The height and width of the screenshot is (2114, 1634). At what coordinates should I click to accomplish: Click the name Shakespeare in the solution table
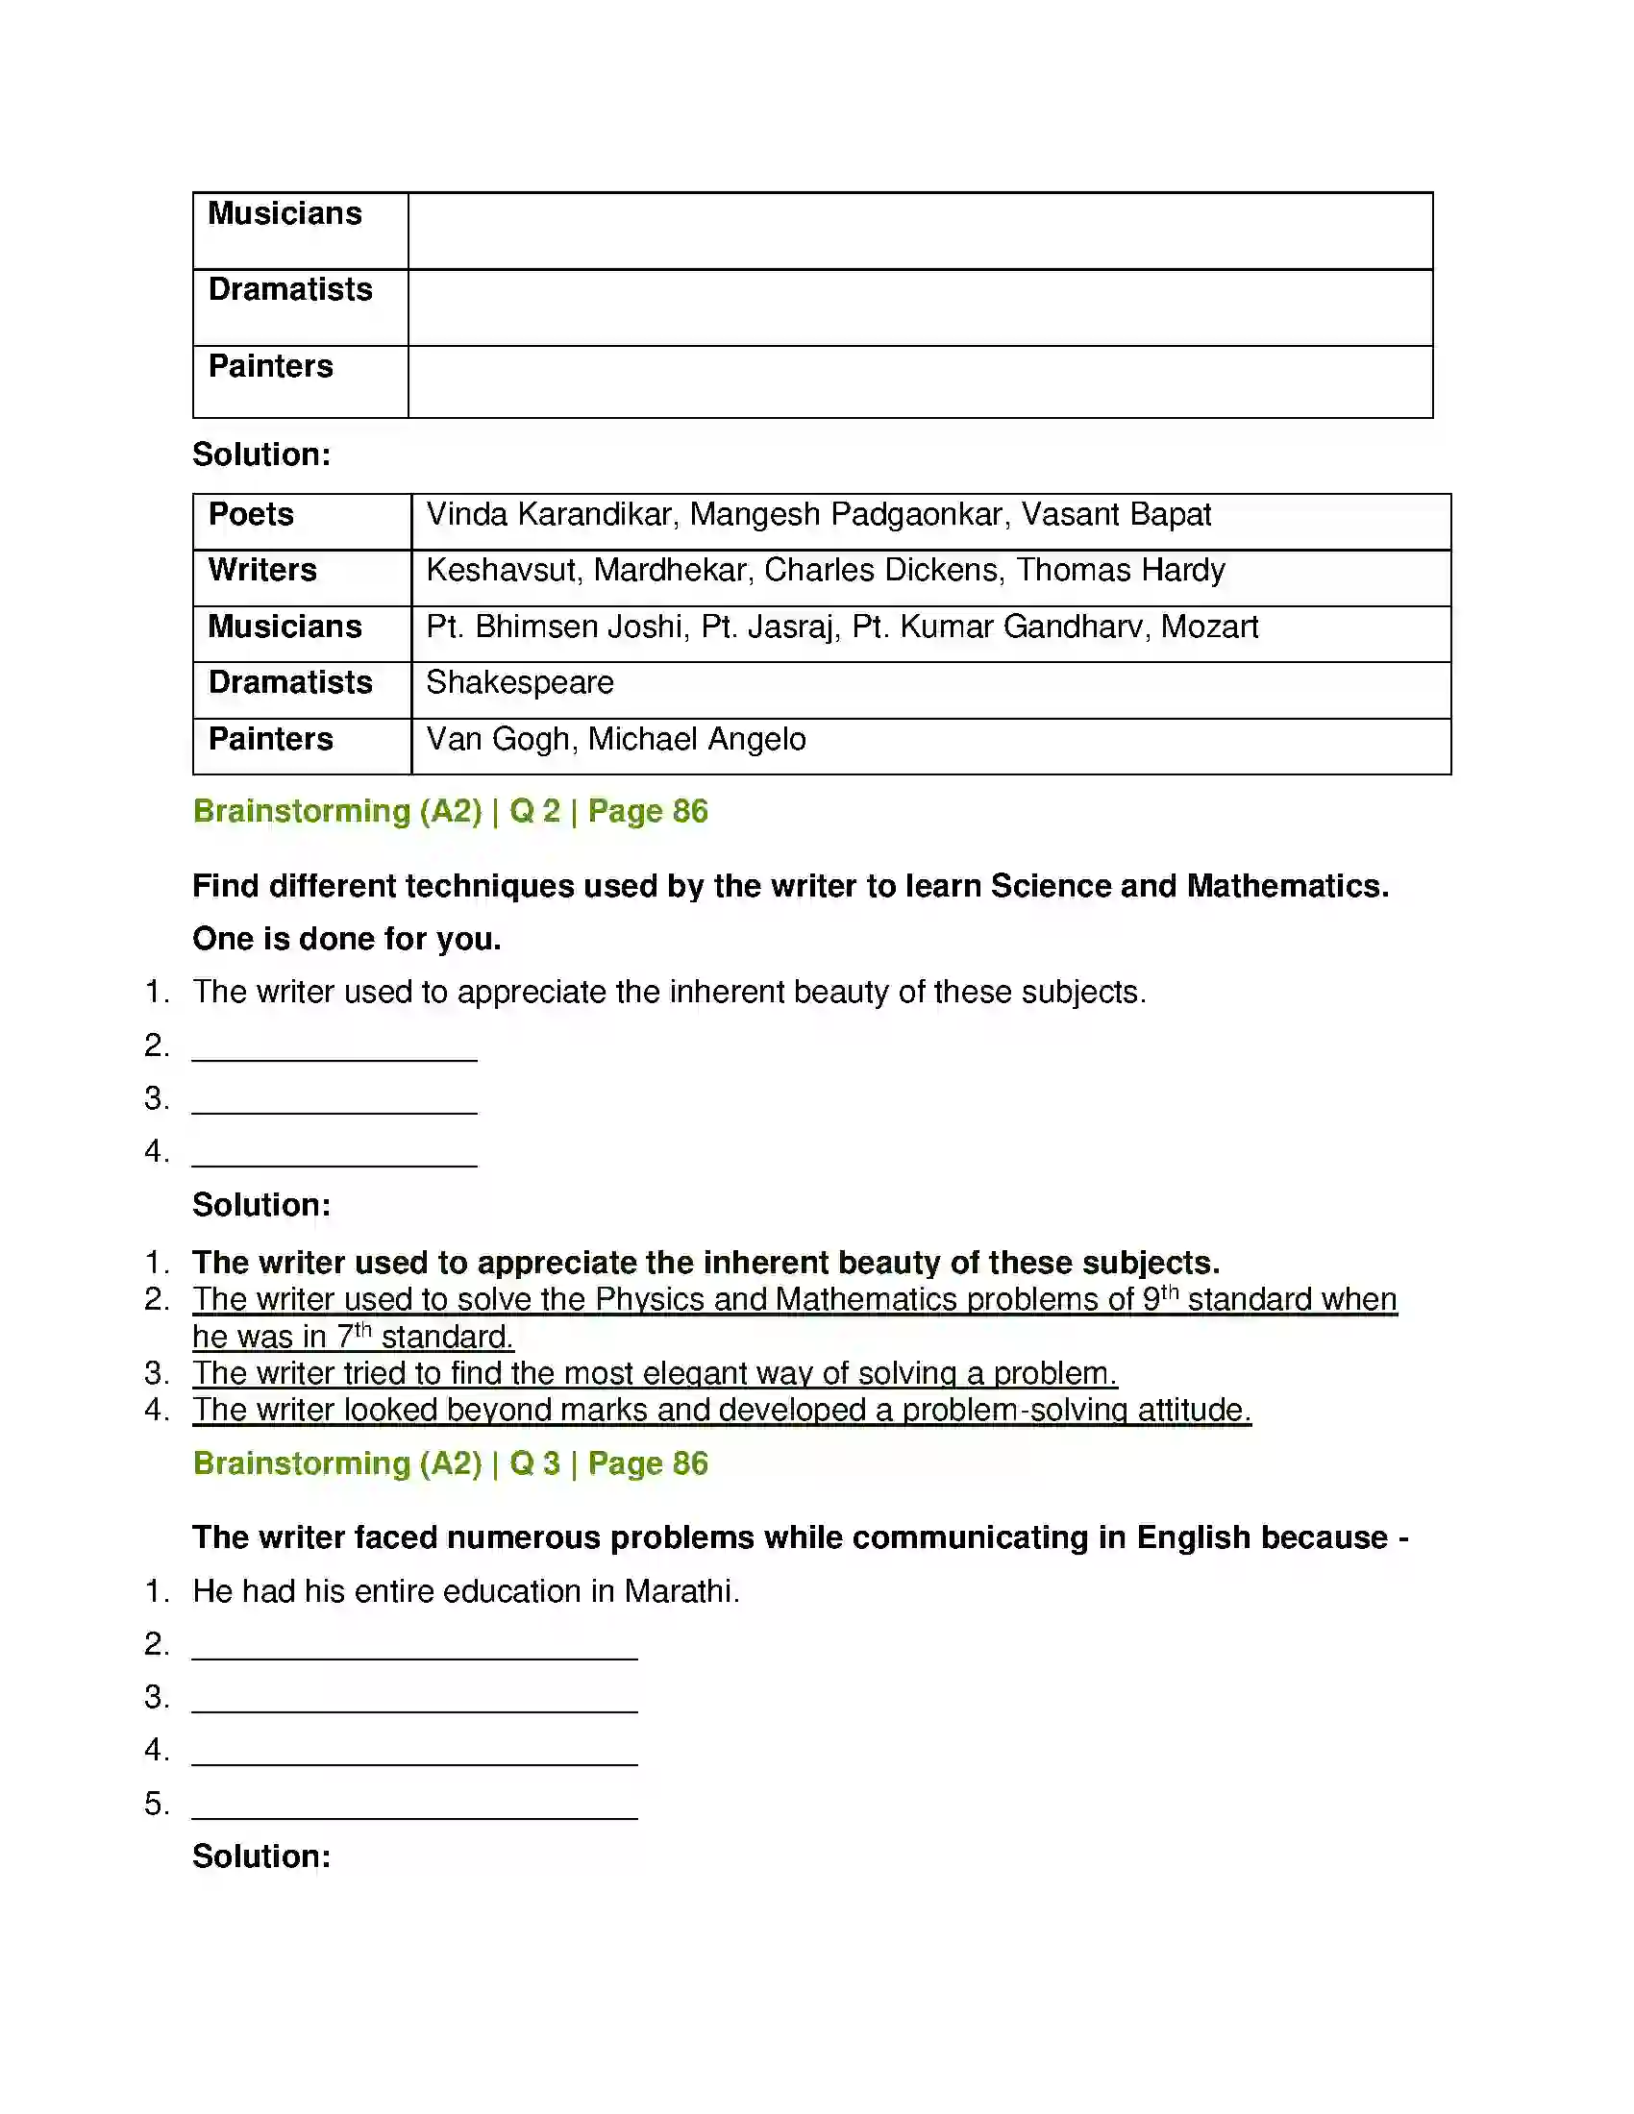[x=520, y=682]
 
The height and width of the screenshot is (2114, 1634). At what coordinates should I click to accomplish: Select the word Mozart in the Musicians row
[x=1209, y=627]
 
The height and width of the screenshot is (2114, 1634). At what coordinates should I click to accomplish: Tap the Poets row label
[x=251, y=514]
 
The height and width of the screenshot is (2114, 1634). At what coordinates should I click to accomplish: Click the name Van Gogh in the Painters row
[x=498, y=739]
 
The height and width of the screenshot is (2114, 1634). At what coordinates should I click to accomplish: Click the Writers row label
[x=262, y=570]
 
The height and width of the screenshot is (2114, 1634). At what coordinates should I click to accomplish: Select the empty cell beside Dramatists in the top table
[x=920, y=307]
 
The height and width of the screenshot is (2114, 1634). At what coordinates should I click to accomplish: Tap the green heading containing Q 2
[x=450, y=811]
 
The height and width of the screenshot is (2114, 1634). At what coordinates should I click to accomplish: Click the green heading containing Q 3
[x=450, y=1463]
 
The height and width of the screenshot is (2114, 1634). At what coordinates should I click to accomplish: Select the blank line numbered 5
[x=414, y=1805]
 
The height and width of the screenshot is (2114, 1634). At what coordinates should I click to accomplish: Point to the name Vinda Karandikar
[x=549, y=514]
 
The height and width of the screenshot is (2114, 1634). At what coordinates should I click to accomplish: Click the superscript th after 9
[x=1170, y=1291]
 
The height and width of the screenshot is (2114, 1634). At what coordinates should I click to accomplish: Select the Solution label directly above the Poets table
[x=261, y=454]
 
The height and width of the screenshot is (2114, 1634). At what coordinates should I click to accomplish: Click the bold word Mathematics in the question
[x=1286, y=886]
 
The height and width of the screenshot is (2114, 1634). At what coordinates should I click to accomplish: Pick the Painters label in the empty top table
[x=270, y=366]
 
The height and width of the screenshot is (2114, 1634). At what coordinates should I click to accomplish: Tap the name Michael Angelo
[x=697, y=739]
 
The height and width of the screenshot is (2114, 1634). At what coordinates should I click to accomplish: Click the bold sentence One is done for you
[x=347, y=939]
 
